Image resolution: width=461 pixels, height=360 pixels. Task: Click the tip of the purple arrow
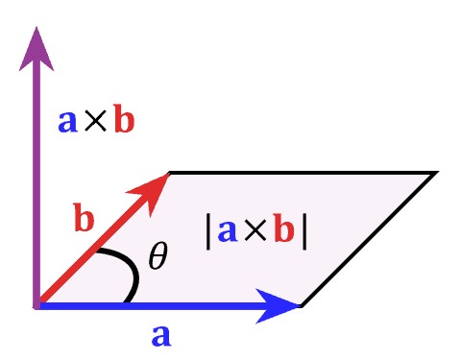tap(36, 27)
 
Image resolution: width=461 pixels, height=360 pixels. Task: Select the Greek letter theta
tap(158, 256)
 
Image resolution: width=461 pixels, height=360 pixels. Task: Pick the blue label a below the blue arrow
tap(161, 336)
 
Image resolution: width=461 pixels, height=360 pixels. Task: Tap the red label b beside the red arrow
tap(85, 220)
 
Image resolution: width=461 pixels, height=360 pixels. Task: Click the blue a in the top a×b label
tap(67, 122)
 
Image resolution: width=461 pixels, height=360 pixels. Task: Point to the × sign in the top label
tap(95, 122)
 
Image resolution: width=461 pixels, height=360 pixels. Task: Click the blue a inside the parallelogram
tap(228, 233)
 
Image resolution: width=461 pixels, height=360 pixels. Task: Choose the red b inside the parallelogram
tap(283, 231)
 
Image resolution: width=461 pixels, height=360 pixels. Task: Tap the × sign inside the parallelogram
tap(255, 233)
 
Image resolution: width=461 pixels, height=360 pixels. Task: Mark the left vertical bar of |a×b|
tap(208, 233)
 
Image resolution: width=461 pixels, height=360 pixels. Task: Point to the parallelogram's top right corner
tap(437, 172)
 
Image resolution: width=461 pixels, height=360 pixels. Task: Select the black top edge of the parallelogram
tap(298, 172)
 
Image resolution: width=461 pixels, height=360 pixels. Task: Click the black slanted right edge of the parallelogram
tap(370, 239)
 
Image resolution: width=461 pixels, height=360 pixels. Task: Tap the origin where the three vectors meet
tap(36, 306)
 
